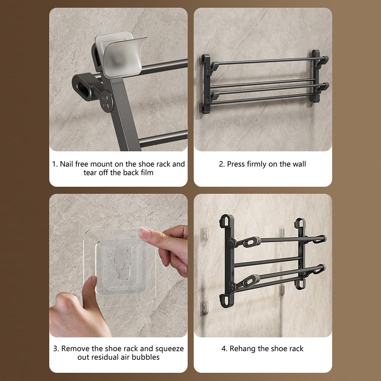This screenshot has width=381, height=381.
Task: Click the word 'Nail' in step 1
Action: click(x=66, y=164)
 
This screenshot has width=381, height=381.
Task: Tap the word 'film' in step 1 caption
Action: click(x=147, y=173)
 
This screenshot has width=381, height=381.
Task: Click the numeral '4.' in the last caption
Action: click(x=224, y=349)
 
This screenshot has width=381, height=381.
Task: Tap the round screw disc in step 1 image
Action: click(x=107, y=101)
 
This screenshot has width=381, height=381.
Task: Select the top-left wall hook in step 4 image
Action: click(x=204, y=234)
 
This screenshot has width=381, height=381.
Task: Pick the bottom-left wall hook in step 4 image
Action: click(x=204, y=308)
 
